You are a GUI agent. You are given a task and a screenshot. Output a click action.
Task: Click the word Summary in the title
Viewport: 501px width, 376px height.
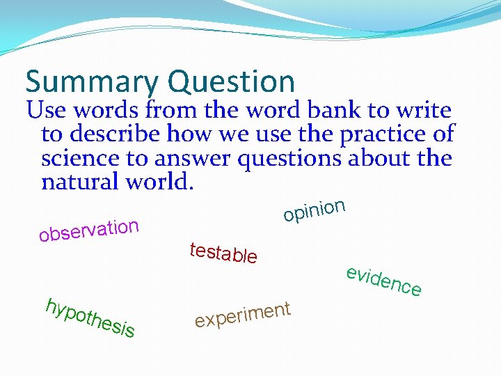(91, 82)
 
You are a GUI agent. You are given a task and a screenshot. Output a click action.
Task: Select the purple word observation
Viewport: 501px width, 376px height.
(90, 230)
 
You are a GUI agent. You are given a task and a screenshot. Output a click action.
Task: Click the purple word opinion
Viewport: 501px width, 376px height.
(315, 210)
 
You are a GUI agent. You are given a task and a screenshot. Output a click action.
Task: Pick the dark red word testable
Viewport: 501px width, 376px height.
(223, 253)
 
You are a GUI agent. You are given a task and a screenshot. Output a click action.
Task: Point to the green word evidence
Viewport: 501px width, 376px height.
(383, 281)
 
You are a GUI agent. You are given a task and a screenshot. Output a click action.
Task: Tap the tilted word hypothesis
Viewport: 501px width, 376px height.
(90, 319)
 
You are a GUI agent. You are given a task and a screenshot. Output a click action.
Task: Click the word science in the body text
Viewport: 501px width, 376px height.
(82, 159)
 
